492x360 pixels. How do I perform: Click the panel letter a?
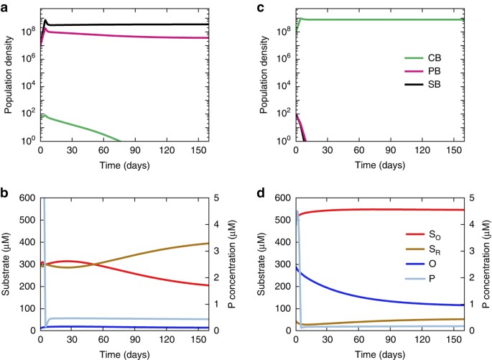pos(5,6)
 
